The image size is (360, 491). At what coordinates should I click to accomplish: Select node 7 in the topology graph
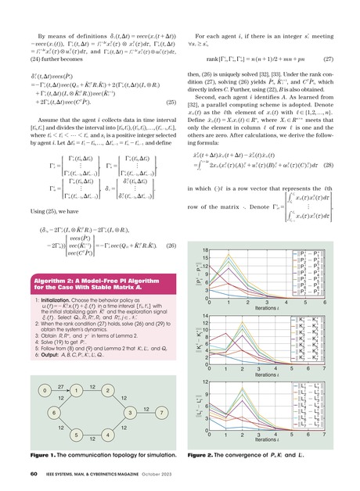coord(160,411)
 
